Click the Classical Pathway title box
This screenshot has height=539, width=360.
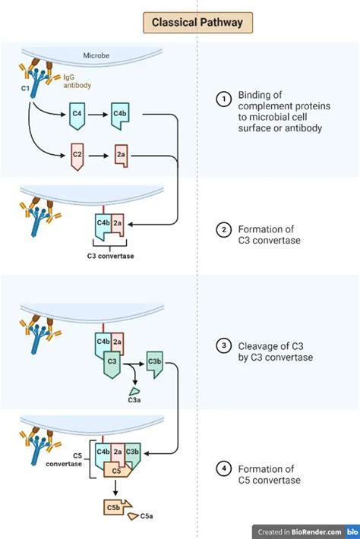[x=197, y=22]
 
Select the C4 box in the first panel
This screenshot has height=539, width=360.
[x=77, y=115]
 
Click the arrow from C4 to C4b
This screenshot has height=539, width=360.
[x=98, y=115]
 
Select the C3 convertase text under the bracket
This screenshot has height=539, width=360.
[x=110, y=256]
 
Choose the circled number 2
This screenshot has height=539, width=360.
[x=223, y=229]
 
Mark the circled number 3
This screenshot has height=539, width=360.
[x=223, y=347]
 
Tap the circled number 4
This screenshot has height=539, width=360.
[x=223, y=468]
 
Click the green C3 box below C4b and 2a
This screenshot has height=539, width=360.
[x=112, y=362]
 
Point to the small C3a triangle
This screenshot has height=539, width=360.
[x=134, y=390]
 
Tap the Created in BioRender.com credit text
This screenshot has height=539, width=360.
[x=299, y=531]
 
